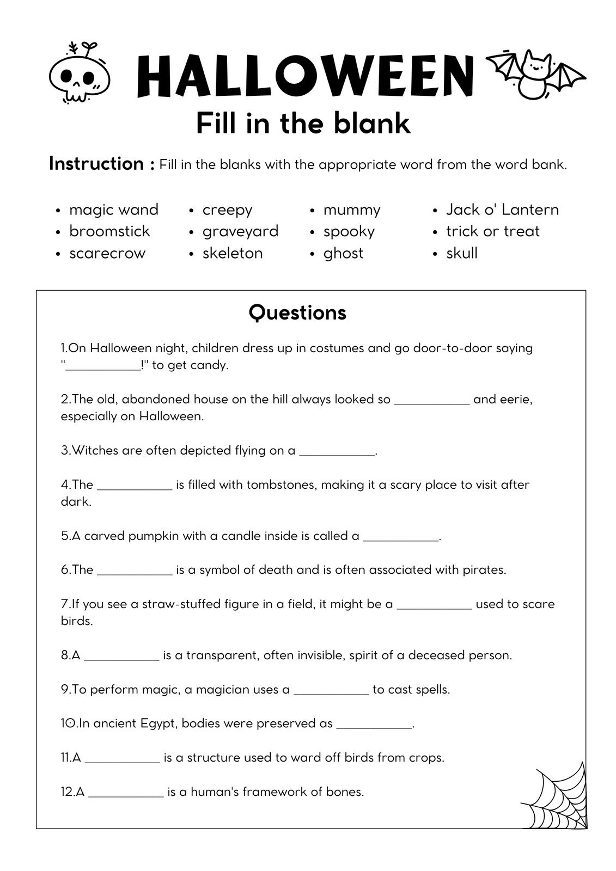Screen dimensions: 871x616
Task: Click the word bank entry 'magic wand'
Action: pyautogui.click(x=113, y=210)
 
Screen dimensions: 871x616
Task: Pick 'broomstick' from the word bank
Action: pyautogui.click(x=109, y=231)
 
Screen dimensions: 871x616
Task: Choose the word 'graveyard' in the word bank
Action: pyautogui.click(x=240, y=231)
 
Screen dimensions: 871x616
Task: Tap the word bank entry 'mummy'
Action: pyautogui.click(x=352, y=210)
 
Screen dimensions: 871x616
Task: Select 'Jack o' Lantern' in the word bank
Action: pyautogui.click(x=502, y=210)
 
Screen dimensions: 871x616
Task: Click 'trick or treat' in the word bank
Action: pyautogui.click(x=492, y=231)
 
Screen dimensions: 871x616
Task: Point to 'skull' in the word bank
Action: pyautogui.click(x=461, y=253)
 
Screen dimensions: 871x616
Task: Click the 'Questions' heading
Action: pyautogui.click(x=297, y=313)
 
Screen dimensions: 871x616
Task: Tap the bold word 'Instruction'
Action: pyautogui.click(x=96, y=163)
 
